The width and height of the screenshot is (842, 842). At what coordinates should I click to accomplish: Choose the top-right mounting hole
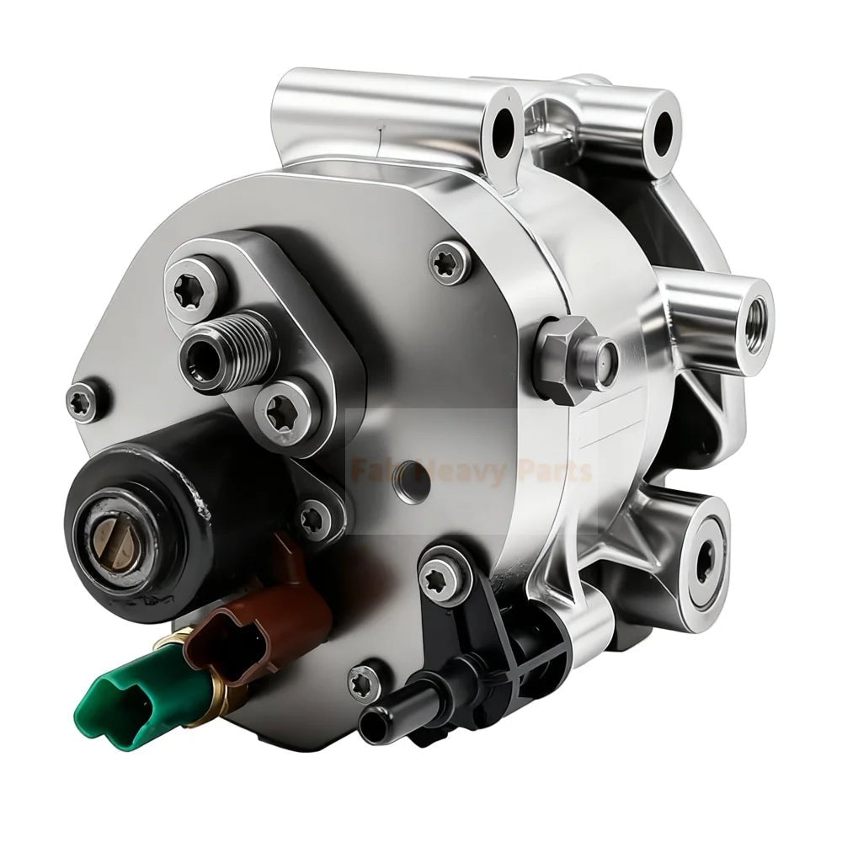pyautogui.click(x=664, y=128)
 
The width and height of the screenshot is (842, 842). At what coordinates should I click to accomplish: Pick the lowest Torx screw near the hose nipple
pyautogui.click(x=363, y=680)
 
